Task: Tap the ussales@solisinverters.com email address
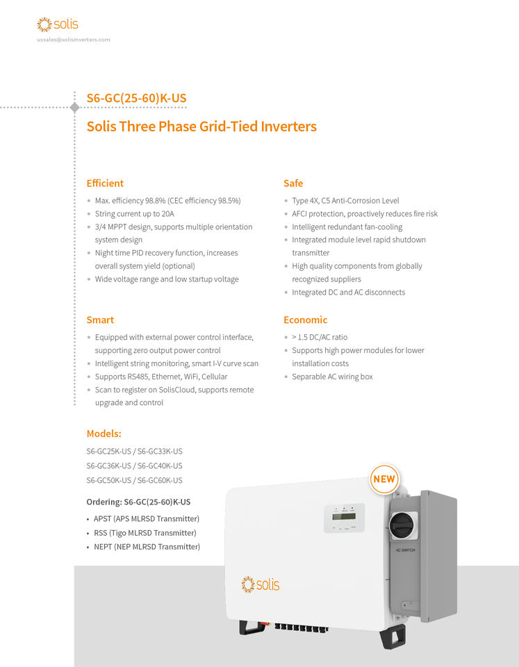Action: coord(74,40)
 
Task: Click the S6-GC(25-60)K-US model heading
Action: coord(136,98)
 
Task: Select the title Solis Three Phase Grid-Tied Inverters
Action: coord(201,126)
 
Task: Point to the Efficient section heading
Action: coord(105,183)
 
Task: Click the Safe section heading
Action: coord(293,183)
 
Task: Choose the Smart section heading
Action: coord(100,320)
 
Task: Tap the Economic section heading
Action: coord(305,320)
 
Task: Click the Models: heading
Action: coord(104,434)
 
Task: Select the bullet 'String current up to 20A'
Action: coord(134,214)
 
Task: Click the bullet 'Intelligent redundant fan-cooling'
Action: coord(347,227)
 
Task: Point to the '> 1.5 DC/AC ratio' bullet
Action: coord(320,337)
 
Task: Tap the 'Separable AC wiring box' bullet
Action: coord(332,377)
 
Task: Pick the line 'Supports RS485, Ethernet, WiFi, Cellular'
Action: coord(161,377)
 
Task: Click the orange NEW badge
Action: coord(384,479)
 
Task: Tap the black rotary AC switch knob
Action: coord(402,526)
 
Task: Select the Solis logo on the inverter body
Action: coord(261,584)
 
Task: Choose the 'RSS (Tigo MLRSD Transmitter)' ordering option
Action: coord(145,533)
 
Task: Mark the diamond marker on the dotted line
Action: coord(75,108)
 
